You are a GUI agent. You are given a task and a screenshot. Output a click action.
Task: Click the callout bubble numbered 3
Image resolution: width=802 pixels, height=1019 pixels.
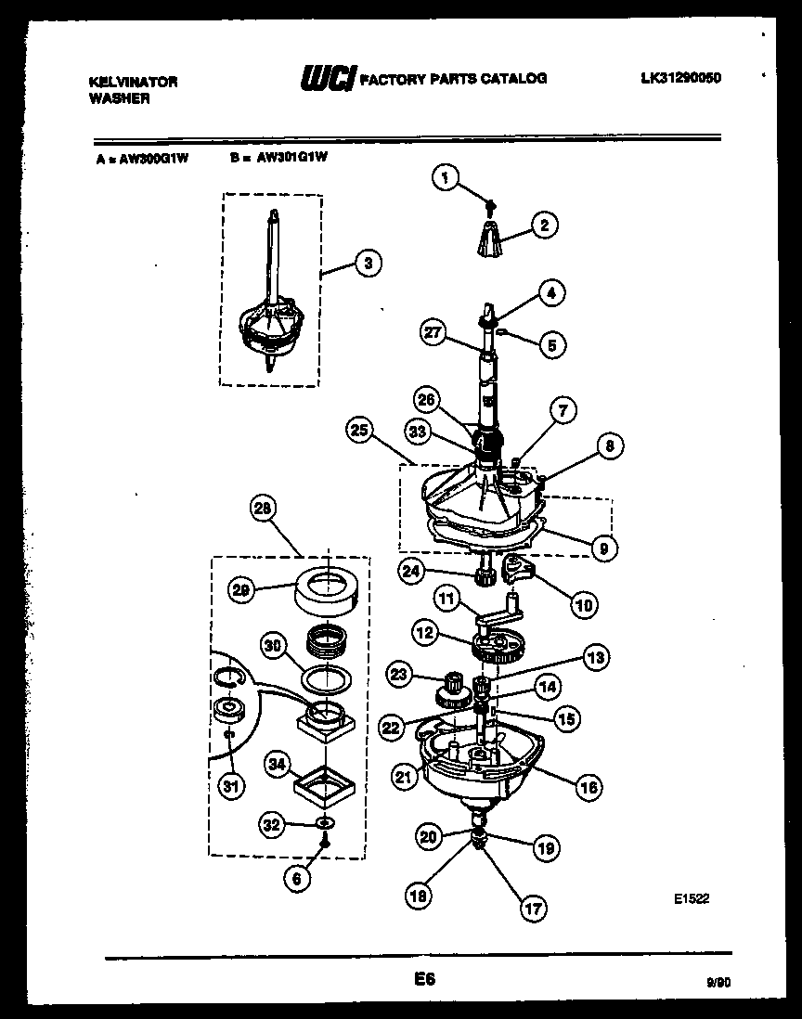368,264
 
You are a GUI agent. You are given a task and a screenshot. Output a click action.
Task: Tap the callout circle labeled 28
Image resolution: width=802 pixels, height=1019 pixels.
264,509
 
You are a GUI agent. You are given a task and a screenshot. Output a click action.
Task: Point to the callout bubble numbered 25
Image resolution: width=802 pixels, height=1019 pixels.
359,431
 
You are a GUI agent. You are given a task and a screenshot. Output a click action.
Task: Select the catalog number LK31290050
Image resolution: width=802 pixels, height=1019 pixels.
680,78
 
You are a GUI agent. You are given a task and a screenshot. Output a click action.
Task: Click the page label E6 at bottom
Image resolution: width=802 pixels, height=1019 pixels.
424,978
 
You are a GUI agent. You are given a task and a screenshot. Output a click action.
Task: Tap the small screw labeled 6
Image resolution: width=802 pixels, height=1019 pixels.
325,842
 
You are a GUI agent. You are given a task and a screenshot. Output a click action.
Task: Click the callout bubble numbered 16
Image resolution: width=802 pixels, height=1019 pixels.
588,787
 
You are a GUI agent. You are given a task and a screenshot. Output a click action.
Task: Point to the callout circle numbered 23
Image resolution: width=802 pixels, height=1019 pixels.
400,676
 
